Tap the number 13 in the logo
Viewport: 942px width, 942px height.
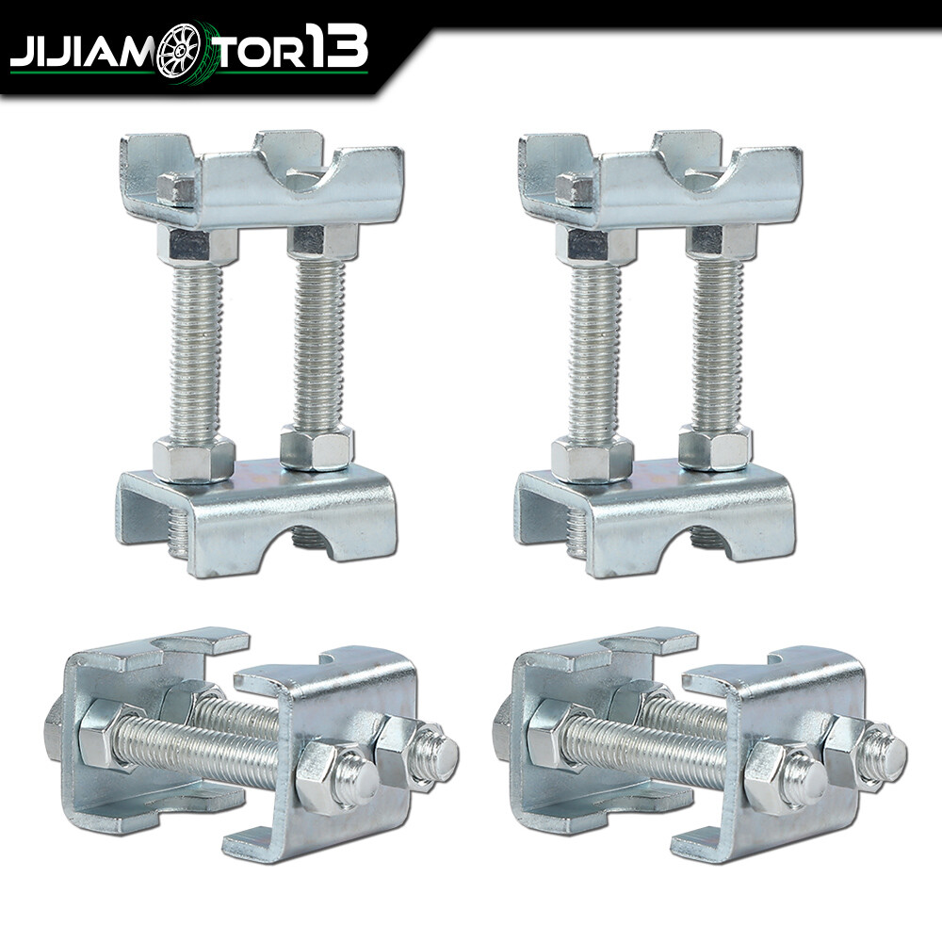point(333,49)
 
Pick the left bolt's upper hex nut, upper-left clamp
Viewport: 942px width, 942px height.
point(197,246)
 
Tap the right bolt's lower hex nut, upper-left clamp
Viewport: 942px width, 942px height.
point(317,447)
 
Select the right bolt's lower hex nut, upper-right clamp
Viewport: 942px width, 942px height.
point(715,447)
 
